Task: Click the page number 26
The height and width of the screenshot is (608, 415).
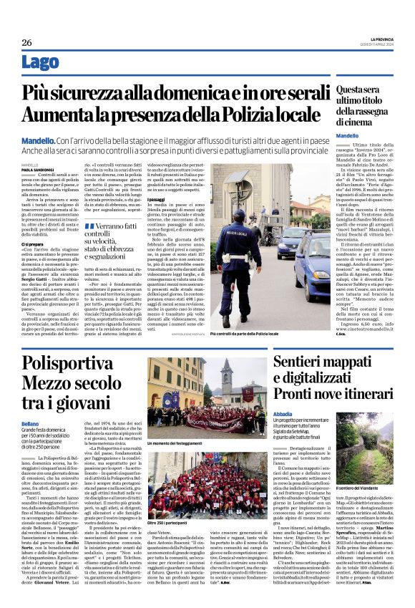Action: (26, 43)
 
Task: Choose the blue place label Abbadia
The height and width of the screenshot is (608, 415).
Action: (285, 414)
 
